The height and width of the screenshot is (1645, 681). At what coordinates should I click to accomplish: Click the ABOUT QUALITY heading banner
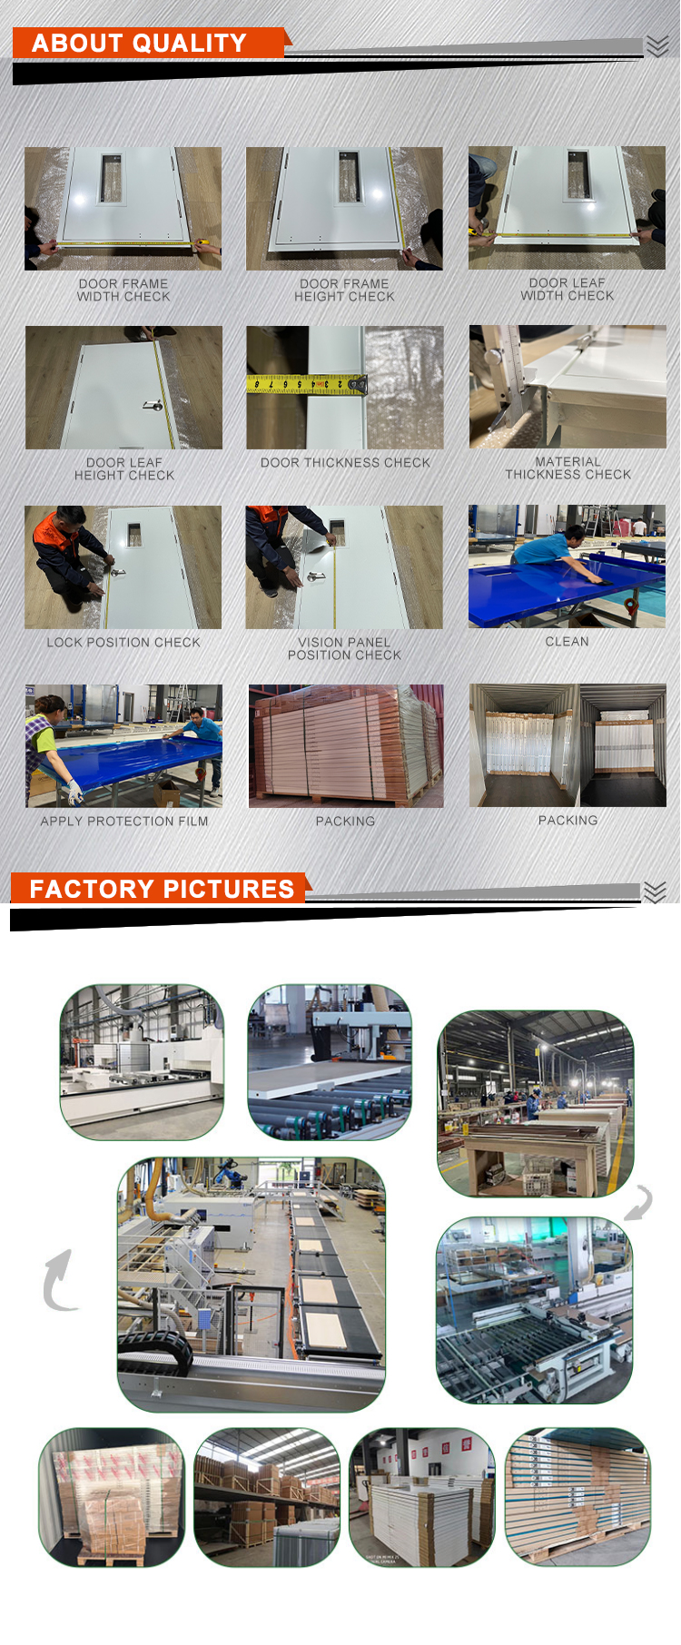tap(150, 43)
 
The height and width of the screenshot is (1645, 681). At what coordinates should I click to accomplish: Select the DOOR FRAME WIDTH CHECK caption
tap(123, 291)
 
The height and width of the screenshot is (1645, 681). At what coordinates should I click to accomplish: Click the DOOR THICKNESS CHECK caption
tap(345, 463)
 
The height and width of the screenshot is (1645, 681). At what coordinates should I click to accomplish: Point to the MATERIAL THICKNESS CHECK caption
tap(568, 468)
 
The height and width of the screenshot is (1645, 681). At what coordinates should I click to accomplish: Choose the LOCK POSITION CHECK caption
tap(123, 642)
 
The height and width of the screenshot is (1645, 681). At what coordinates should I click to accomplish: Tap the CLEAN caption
tap(567, 641)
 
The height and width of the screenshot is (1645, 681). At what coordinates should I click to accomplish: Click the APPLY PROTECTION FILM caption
tap(124, 821)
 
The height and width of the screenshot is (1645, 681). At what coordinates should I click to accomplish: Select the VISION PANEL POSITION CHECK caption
tap(344, 648)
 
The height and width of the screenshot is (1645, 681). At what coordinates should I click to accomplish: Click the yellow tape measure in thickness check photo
tap(307, 385)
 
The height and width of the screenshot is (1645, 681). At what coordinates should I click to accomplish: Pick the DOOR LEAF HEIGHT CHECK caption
tap(124, 469)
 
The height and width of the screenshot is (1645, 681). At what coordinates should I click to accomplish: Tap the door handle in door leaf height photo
tap(153, 405)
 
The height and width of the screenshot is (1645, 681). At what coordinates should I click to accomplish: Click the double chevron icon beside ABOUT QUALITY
tap(657, 45)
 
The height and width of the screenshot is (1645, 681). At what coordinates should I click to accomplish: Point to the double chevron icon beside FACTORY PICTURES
tap(656, 892)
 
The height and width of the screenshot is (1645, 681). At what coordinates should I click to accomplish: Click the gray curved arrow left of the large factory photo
tap(58, 1280)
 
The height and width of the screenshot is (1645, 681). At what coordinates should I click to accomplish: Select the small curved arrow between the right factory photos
tap(640, 1203)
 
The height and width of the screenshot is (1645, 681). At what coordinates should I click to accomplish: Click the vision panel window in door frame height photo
tap(349, 176)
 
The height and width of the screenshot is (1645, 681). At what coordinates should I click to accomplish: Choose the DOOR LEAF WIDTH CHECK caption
tap(567, 290)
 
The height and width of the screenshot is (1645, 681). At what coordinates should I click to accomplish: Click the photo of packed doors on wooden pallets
tap(346, 746)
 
